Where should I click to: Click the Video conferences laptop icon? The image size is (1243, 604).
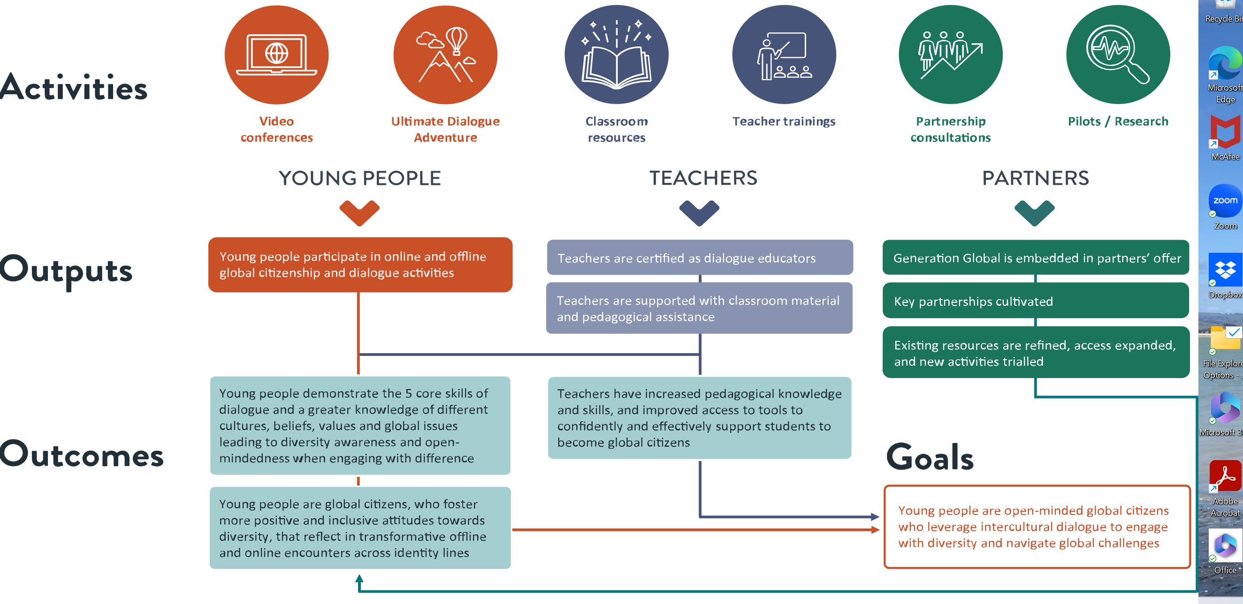pyautogui.click(x=276, y=55)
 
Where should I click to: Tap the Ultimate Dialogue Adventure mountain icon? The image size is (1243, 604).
pyautogui.click(x=445, y=55)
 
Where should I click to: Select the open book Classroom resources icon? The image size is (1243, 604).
pyautogui.click(x=616, y=55)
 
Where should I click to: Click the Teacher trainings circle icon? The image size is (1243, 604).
pyautogui.click(x=784, y=55)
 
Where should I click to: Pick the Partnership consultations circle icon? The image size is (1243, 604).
pyautogui.click(x=950, y=55)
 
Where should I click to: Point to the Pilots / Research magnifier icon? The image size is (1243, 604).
pyautogui.click(x=1118, y=55)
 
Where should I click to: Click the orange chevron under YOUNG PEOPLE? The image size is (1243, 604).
pyautogui.click(x=359, y=212)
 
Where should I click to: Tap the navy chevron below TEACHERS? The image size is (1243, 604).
pyautogui.click(x=699, y=212)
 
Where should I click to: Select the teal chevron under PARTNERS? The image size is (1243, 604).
pyautogui.click(x=1035, y=212)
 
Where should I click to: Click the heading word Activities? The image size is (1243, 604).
pyautogui.click(x=74, y=88)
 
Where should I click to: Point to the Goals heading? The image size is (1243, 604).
pyautogui.click(x=930, y=457)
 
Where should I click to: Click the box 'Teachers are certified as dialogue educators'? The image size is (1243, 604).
pyautogui.click(x=700, y=258)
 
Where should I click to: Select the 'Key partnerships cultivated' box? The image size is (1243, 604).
pyautogui.click(x=1036, y=301)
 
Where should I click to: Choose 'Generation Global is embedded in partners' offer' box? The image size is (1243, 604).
pyautogui.click(x=1036, y=258)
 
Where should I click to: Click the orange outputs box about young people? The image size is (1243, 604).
pyautogui.click(x=360, y=264)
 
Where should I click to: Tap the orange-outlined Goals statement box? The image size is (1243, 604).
pyautogui.click(x=1037, y=527)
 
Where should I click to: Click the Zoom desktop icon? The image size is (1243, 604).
pyautogui.click(x=1225, y=202)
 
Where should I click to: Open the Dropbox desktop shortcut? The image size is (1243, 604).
pyautogui.click(x=1225, y=271)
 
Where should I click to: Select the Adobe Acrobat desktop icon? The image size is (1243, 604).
pyautogui.click(x=1225, y=477)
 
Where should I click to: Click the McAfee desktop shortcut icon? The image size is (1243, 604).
pyautogui.click(x=1225, y=133)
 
